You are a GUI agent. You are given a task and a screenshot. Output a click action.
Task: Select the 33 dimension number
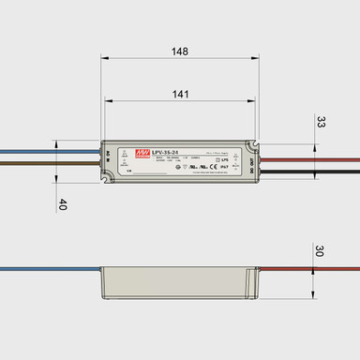pyautogui.click(x=320, y=122)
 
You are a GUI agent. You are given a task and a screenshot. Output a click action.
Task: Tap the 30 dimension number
pyautogui.click(x=320, y=251)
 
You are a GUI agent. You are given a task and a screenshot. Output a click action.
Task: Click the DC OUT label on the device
pyautogui.click(x=253, y=161)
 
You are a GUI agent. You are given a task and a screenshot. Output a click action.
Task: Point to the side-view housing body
pyautogui.click(x=178, y=278)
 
